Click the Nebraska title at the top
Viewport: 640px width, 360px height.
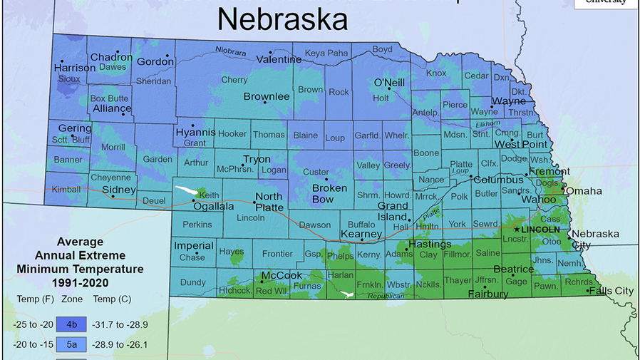pos(282,19)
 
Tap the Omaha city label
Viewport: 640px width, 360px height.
pos(584,191)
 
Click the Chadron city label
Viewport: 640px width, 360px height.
pos(112,57)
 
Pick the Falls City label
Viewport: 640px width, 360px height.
pos(612,291)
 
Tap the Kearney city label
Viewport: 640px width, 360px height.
pos(361,234)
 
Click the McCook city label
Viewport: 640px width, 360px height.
pos(282,275)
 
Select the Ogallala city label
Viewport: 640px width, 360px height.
pos(215,206)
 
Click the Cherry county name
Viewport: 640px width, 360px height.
pos(234,81)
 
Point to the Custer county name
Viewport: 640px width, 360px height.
pos(316,172)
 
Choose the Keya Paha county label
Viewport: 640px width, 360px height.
pos(326,53)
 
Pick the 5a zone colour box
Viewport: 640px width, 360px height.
pos(72,344)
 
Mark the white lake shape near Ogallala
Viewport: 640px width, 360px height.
pos(187,191)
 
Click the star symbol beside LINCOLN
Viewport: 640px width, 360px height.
pos(517,230)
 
